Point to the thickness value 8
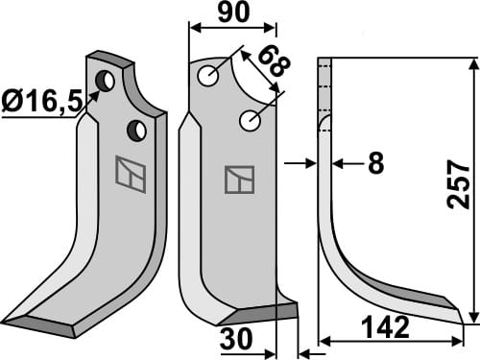pos(375,164)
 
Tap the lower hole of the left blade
pos(138,128)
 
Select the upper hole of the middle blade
pos(208,74)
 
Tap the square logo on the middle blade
pos(239,179)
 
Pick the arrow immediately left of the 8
pos(338,164)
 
